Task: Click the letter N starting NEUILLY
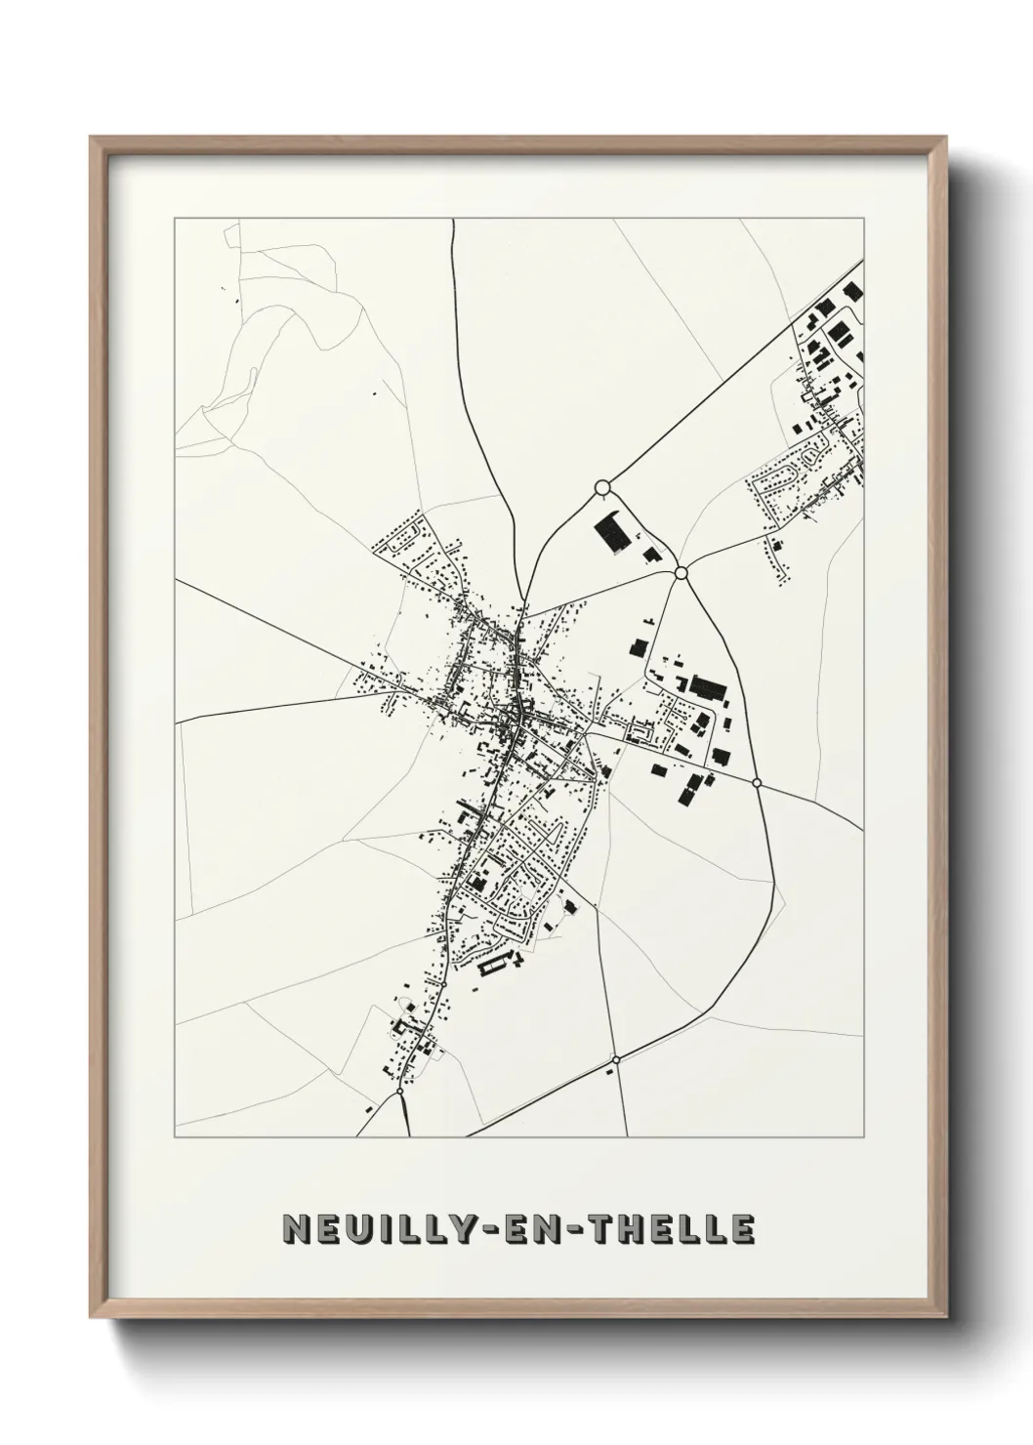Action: [295, 1229]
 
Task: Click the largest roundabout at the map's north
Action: [602, 486]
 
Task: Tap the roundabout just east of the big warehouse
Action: [682, 573]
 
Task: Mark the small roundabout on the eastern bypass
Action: [757, 782]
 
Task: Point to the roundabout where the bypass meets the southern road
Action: [615, 1059]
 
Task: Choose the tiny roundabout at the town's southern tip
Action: [400, 1094]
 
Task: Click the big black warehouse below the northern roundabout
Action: [613, 533]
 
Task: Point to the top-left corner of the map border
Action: [175, 219]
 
